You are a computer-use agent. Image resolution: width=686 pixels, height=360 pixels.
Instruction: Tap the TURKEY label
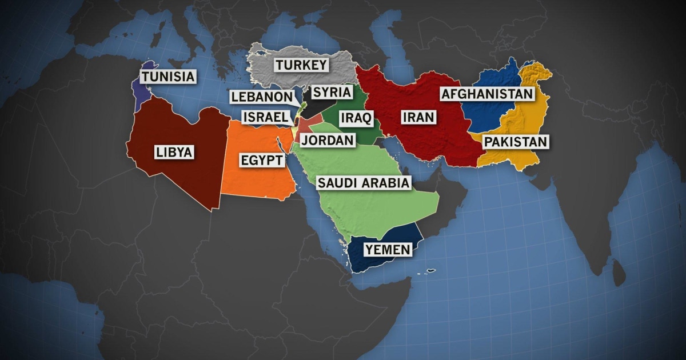click(301, 65)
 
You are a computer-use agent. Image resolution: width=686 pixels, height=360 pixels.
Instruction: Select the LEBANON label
click(262, 97)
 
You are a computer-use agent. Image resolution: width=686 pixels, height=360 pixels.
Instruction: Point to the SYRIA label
click(332, 91)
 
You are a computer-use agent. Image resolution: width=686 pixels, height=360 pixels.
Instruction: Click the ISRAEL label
click(264, 117)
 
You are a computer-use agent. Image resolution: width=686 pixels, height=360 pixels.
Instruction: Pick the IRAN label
click(418, 118)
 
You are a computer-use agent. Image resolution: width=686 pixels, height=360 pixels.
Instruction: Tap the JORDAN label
click(328, 140)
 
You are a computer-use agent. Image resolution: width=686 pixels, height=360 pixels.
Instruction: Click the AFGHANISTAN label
click(486, 94)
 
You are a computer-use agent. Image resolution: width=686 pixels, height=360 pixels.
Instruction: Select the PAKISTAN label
click(516, 141)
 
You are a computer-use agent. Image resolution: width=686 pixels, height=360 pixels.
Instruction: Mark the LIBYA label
click(174, 153)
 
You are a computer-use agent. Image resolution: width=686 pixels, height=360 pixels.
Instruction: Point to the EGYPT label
click(261, 160)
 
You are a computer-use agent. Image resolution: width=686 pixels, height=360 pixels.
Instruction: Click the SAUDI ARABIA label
click(364, 183)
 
